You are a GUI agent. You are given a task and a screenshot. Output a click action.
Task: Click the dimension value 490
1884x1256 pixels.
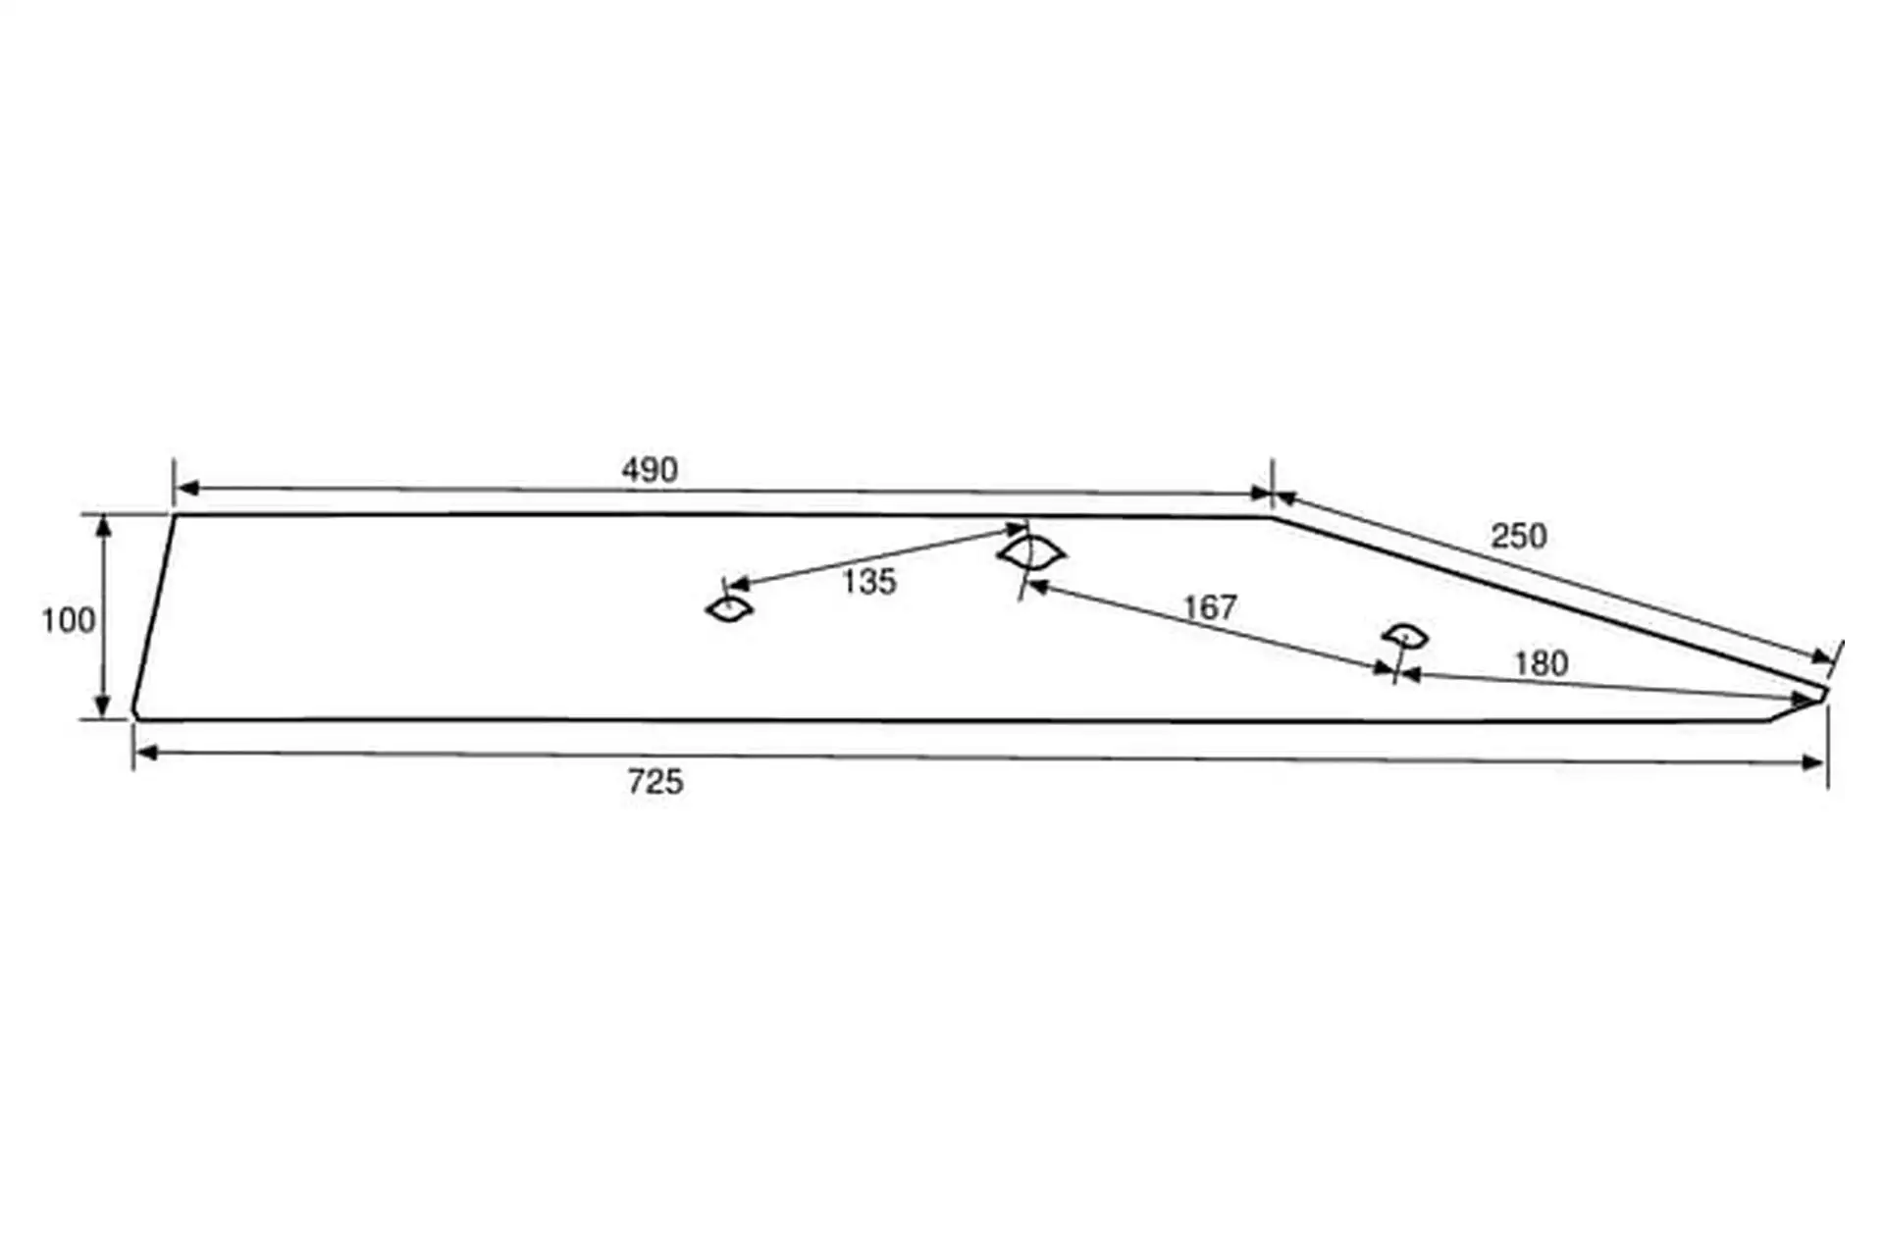point(650,470)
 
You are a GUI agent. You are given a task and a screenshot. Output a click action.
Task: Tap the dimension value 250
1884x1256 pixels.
point(1518,536)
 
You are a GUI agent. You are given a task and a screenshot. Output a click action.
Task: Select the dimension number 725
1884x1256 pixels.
point(655,782)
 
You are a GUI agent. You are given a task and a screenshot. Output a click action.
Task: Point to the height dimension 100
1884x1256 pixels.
point(68,620)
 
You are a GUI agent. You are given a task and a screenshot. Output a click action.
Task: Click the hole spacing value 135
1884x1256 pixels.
point(869,582)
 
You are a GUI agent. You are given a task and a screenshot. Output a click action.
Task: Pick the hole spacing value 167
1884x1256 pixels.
point(1210,608)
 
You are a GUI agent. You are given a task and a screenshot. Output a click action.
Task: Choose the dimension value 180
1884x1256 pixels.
point(1541,664)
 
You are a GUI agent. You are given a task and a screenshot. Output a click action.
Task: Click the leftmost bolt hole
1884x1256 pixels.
point(729,609)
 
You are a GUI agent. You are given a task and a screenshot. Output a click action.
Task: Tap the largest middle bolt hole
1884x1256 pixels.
point(1031,553)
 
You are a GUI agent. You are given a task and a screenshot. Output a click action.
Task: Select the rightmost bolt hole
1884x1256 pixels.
point(1405,636)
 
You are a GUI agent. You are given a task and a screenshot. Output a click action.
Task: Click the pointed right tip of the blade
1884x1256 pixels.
point(1825,692)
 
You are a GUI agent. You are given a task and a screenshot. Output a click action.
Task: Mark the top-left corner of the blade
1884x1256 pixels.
point(176,514)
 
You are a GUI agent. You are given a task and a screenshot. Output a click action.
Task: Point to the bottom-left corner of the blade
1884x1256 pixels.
point(134,716)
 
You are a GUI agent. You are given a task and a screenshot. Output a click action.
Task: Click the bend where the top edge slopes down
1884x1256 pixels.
point(1272,517)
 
